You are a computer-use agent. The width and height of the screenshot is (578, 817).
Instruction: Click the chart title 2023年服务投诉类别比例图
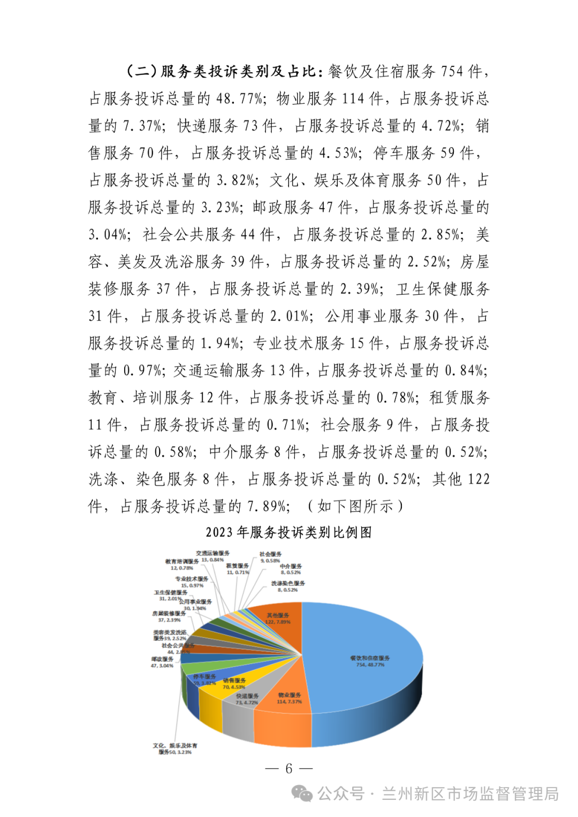[288, 532]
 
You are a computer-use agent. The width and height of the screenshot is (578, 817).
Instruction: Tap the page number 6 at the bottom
[289, 769]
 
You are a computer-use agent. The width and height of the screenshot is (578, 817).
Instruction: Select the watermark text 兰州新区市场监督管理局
[470, 794]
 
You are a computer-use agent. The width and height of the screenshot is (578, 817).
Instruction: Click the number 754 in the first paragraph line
[452, 71]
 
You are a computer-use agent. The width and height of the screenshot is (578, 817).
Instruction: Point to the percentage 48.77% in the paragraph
[240, 98]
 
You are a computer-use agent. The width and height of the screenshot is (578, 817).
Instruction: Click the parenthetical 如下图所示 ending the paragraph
[355, 506]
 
